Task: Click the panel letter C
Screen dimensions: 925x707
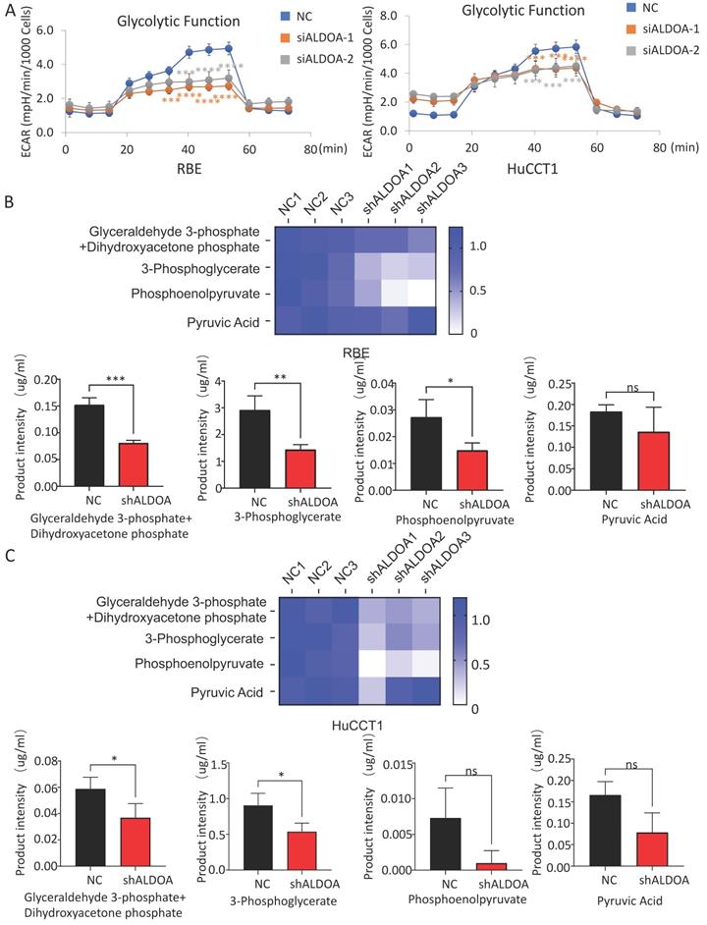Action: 10,555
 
